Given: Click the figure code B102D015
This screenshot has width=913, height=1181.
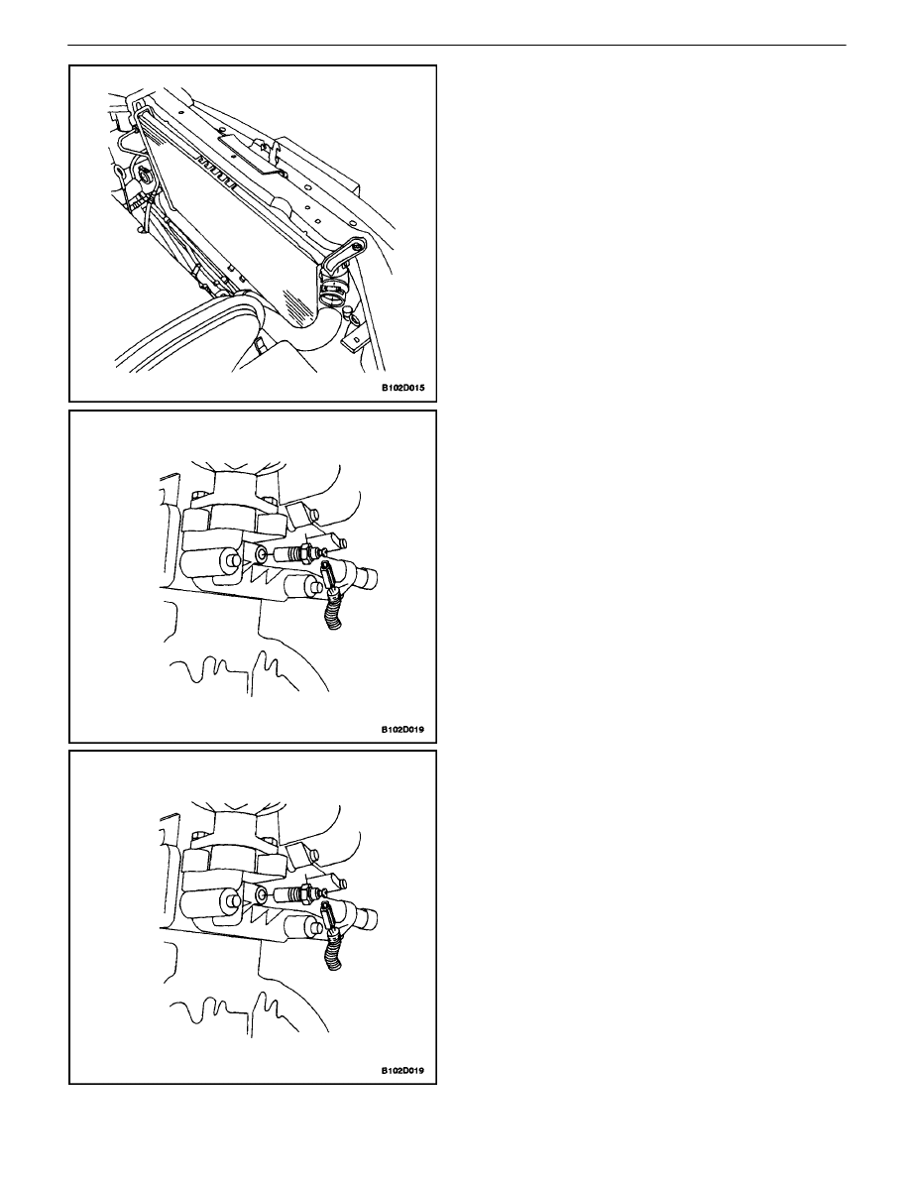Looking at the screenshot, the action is [402, 389].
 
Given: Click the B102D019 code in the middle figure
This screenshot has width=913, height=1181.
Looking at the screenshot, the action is [402, 729].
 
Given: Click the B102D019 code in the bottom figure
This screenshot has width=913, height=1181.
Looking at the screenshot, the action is [402, 1070].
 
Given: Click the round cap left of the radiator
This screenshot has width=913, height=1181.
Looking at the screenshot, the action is [142, 177].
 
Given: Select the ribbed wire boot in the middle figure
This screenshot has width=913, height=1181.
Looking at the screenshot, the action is [334, 606].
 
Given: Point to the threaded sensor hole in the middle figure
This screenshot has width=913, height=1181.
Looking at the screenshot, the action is [261, 556].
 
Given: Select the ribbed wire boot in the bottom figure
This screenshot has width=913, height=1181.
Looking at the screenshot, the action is [334, 946].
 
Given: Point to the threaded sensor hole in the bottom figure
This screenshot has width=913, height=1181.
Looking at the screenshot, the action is [261, 896].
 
